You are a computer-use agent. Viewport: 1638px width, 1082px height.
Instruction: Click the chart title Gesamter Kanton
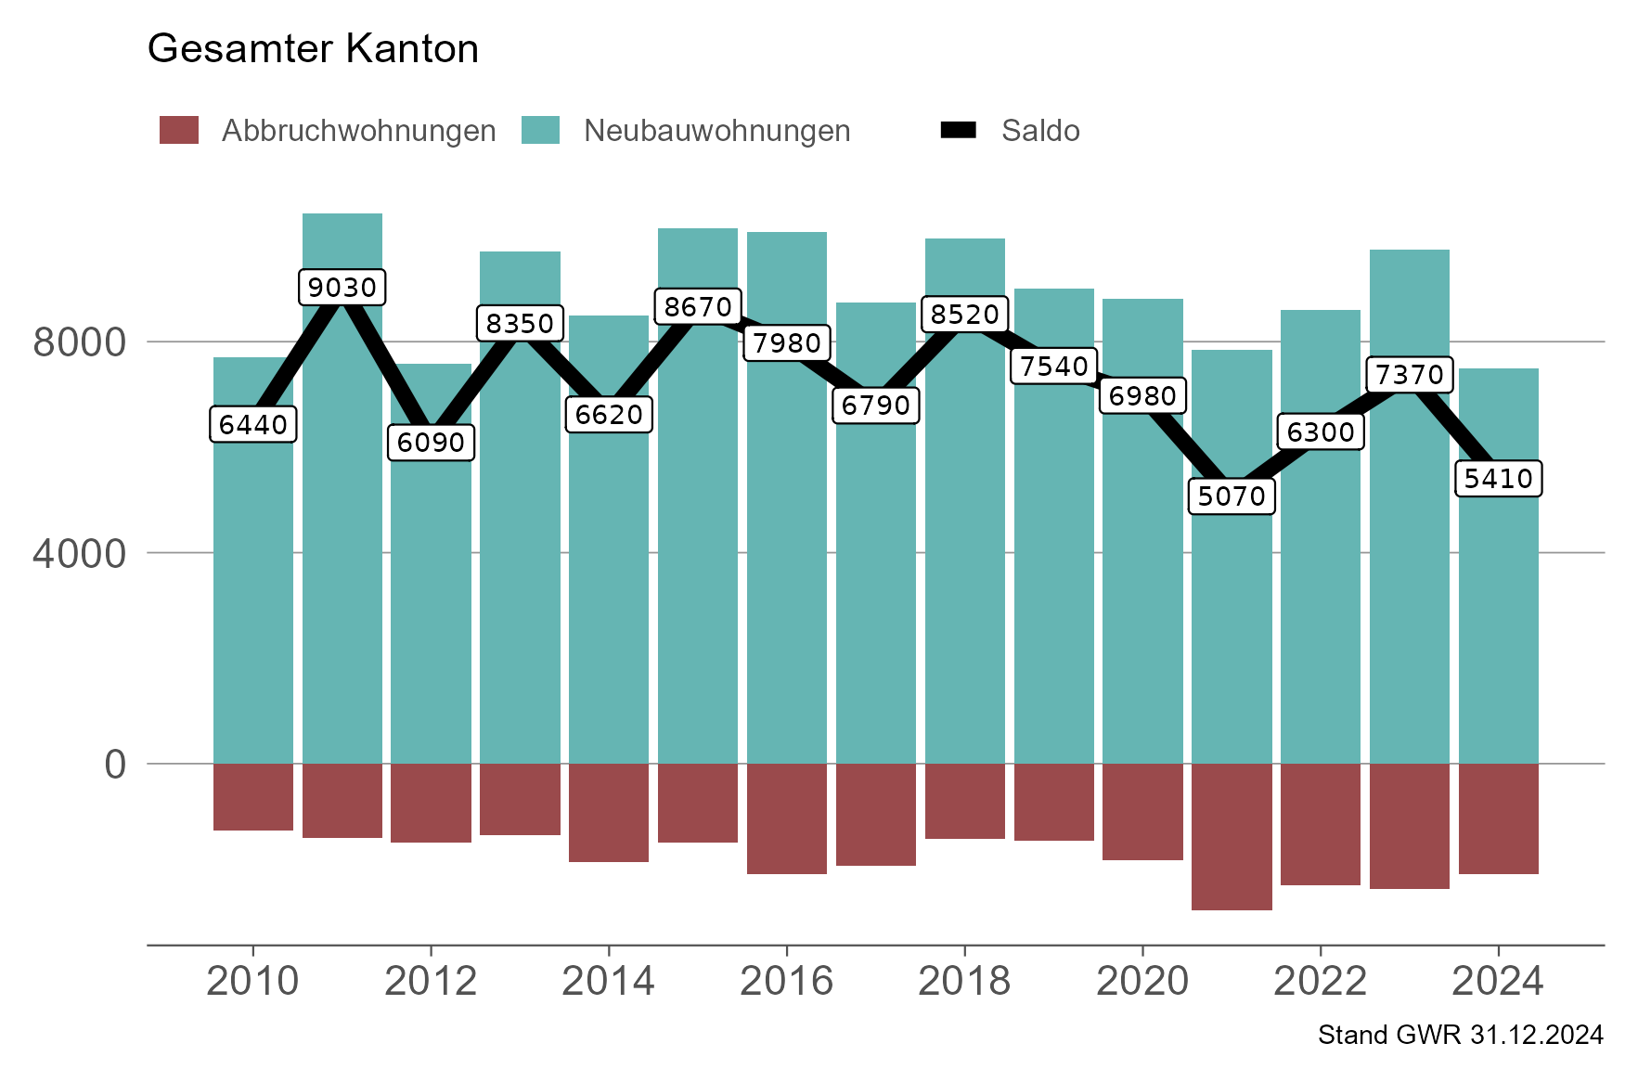point(313,48)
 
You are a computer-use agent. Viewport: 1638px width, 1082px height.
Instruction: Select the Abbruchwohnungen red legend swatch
point(179,130)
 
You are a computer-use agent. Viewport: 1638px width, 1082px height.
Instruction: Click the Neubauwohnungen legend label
point(716,131)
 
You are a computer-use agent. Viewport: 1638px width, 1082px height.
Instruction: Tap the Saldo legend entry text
point(1039,131)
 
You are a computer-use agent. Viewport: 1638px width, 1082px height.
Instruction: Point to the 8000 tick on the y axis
point(79,342)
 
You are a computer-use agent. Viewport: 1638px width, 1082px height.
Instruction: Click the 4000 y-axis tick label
point(79,554)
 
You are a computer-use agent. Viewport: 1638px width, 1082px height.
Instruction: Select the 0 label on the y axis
point(115,766)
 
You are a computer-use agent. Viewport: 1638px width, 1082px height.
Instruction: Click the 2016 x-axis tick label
point(786,981)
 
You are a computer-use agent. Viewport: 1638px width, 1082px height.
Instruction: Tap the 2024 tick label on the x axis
point(1497,981)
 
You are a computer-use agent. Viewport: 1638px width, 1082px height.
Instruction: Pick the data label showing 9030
point(342,287)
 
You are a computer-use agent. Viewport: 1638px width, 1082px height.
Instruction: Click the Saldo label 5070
point(1232,496)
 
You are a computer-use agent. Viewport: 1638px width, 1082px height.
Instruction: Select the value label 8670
point(698,306)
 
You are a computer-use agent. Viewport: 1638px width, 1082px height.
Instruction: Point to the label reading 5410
point(1498,478)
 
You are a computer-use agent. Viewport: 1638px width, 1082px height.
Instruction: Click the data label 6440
point(253,424)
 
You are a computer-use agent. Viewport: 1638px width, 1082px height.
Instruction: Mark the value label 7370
point(1409,374)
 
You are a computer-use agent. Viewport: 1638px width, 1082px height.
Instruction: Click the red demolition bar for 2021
point(1232,835)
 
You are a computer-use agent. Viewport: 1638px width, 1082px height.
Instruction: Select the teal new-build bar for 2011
point(342,557)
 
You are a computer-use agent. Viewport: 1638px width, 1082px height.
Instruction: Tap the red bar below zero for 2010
point(253,796)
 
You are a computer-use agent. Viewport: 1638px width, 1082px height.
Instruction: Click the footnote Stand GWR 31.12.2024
point(1460,1035)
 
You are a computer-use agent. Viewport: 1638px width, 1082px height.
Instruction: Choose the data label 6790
point(875,405)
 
